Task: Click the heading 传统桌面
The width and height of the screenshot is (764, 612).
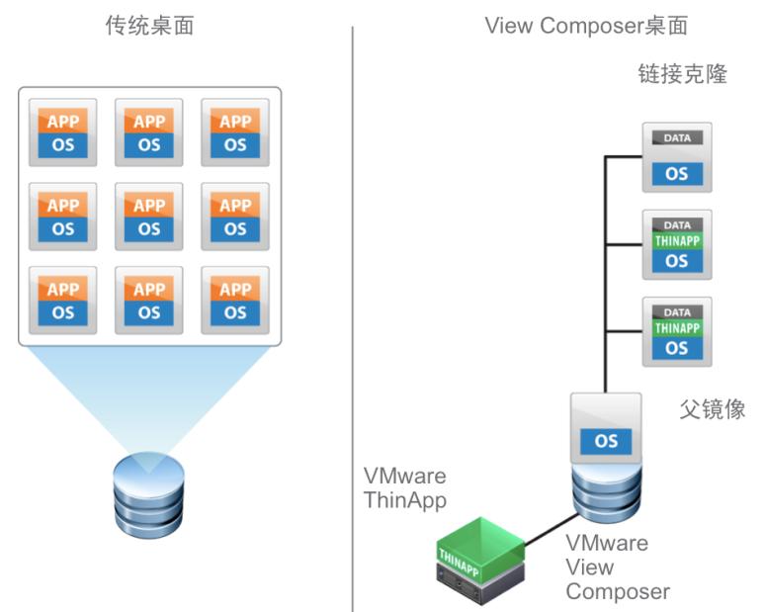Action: (x=149, y=26)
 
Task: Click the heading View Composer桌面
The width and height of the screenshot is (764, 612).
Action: (x=585, y=26)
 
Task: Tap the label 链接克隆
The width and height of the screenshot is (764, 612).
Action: (x=683, y=74)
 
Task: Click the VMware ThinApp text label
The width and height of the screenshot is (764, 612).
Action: (x=405, y=487)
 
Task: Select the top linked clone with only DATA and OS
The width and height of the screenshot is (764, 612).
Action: (x=677, y=157)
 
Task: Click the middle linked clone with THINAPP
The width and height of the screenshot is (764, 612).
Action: (x=677, y=244)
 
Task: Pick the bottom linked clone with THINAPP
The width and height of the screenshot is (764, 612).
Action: (x=677, y=330)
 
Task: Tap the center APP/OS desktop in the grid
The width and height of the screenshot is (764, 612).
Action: (x=149, y=217)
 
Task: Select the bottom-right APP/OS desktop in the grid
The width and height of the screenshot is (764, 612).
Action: (x=235, y=301)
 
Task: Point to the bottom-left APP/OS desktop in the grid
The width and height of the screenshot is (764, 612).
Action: (x=63, y=301)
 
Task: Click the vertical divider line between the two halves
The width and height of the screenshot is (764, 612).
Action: (x=353, y=316)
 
